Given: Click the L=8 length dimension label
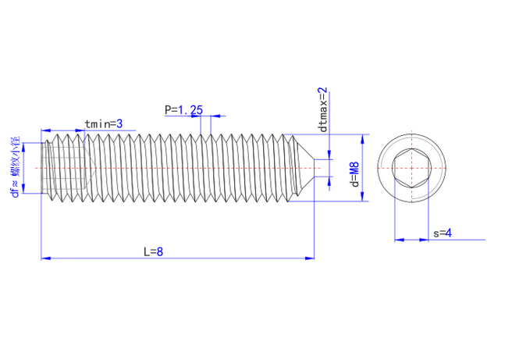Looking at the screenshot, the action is [x=153, y=251].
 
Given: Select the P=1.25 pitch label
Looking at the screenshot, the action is [x=183, y=110].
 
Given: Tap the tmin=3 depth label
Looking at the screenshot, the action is [x=104, y=124].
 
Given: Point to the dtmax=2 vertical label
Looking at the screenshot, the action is [x=322, y=109].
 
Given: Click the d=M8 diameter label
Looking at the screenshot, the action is [x=354, y=175].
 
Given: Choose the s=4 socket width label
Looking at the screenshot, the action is [x=443, y=233].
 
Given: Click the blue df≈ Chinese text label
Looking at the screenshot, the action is [x=16, y=167].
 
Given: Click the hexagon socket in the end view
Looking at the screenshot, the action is [x=412, y=168].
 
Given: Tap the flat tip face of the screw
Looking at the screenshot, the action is [x=314, y=168].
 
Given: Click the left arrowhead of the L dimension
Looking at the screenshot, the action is [x=46, y=258].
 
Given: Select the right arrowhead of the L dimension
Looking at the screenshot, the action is [x=310, y=258].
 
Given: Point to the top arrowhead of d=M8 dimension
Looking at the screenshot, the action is [x=362, y=139].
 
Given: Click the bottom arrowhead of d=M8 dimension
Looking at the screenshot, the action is [x=362, y=196].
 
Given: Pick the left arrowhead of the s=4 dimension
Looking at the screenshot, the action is [x=399, y=240].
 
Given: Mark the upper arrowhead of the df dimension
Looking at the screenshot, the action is [x=23, y=148].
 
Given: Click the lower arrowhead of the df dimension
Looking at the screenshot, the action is [x=23, y=188].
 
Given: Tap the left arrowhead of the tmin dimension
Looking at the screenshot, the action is [x=46, y=130].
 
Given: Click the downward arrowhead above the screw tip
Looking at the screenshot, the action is [x=329, y=155].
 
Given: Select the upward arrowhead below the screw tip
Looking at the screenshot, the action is [x=329, y=181].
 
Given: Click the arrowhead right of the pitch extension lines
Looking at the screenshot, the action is [x=216, y=116].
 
